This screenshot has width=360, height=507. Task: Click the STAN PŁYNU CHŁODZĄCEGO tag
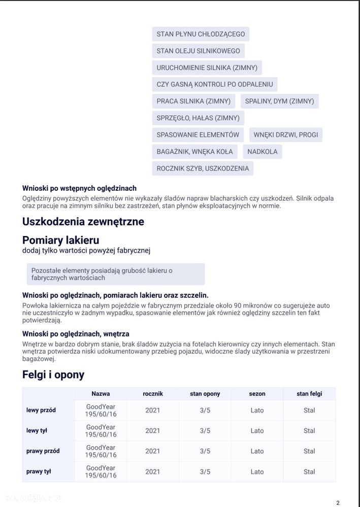(x=201, y=34)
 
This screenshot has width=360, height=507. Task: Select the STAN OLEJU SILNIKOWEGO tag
(x=198, y=51)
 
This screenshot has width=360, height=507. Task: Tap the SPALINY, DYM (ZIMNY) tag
(x=279, y=101)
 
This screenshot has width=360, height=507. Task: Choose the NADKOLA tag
(x=262, y=151)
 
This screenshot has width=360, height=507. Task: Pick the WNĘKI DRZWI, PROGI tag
(x=286, y=134)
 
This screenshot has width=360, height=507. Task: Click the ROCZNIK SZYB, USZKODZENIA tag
(x=203, y=168)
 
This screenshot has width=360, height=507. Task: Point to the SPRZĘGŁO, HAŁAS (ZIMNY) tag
(x=198, y=118)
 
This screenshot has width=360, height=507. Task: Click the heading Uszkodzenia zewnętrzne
(x=83, y=221)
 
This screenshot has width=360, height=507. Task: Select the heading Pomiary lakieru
(x=61, y=240)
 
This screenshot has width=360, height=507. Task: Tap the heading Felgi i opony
(x=53, y=375)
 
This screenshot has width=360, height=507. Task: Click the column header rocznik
(x=152, y=393)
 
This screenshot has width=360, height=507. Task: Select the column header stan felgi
(x=309, y=393)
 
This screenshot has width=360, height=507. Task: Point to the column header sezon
(x=257, y=393)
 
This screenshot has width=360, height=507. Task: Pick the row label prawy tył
(x=39, y=471)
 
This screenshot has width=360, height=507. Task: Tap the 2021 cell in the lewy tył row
(x=152, y=430)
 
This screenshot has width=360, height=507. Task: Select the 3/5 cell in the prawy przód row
(x=205, y=451)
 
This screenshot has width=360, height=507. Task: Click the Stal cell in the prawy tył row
(x=309, y=471)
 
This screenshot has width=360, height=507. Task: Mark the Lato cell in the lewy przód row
(x=257, y=410)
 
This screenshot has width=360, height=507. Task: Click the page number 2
(x=338, y=502)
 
